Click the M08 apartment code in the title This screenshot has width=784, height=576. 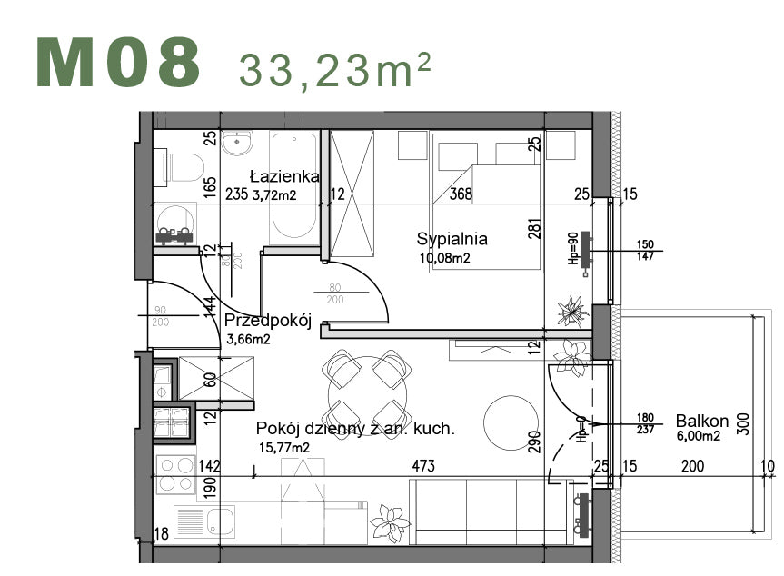coord(118,63)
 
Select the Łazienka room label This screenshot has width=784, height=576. coord(284,176)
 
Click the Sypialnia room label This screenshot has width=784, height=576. coord(452,240)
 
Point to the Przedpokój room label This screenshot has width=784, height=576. coord(268,321)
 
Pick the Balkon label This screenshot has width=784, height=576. coord(701,421)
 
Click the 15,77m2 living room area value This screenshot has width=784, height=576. coord(283,447)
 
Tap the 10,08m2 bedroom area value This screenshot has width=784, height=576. coord(445,258)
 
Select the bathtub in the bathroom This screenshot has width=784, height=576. coord(293,185)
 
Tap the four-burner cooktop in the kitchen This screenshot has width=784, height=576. coord(175,473)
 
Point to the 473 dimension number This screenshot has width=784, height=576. coord(423,466)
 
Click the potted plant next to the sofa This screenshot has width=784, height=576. coord(390,524)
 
